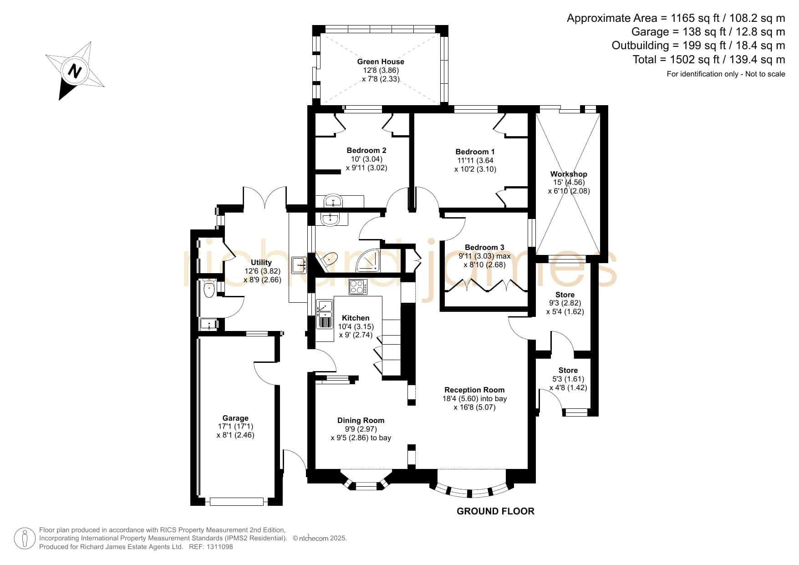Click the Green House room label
[381, 61]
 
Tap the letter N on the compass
[75, 71]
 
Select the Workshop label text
[569, 174]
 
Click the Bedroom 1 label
[475, 152]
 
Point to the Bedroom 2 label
[366, 150]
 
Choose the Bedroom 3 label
[484, 247]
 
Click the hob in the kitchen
[358, 287]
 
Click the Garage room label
[235, 418]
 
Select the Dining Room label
[361, 420]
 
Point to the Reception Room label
[474, 390]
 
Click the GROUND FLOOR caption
[495, 511]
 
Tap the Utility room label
[261, 262]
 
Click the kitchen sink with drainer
[325, 314]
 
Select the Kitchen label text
[356, 318]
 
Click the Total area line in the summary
[709, 59]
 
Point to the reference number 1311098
[220, 547]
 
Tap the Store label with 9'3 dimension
[565, 295]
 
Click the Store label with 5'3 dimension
[568, 370]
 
